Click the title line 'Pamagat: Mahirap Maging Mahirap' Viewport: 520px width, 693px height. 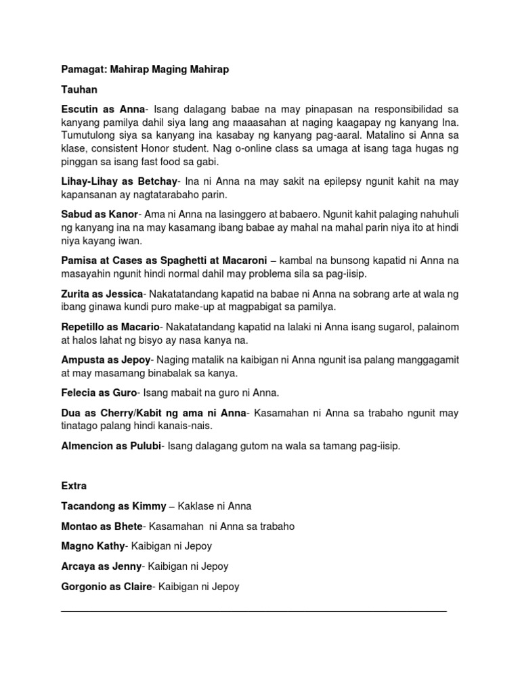pyautogui.click(x=146, y=69)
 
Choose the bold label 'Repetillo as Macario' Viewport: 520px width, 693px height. pyautogui.click(x=110, y=327)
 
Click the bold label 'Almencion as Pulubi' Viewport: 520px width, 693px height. pyautogui.click(x=111, y=446)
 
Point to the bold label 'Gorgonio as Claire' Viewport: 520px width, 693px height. pyautogui.click(x=108, y=587)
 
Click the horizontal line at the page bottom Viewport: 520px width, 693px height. pyautogui.click(x=254, y=611)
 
